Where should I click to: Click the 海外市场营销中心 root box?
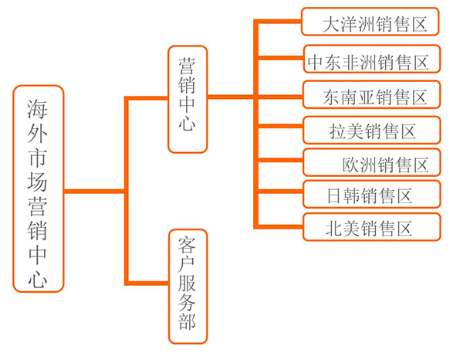click(38, 188)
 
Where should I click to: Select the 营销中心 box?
click(188, 99)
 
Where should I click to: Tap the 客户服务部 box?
click(188, 287)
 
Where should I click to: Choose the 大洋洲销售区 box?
click(370, 22)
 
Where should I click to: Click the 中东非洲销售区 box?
click(372, 59)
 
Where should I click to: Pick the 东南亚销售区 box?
click(371, 95)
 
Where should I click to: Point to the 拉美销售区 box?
click(371, 130)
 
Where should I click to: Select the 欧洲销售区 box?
click(371, 162)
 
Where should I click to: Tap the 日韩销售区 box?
click(371, 194)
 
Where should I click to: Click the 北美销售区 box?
click(372, 226)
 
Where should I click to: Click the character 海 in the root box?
click(38, 109)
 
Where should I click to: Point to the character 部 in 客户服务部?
click(188, 321)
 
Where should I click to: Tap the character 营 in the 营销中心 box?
click(187, 66)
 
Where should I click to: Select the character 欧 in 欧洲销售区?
click(350, 165)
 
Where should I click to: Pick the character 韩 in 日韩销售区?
click(352, 195)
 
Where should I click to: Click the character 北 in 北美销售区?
click(334, 229)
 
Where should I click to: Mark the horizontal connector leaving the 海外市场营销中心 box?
click(94, 191)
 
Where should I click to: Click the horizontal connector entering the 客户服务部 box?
click(147, 283)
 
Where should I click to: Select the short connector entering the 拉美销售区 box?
click(280, 126)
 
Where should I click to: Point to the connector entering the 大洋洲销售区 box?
click(278, 22)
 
